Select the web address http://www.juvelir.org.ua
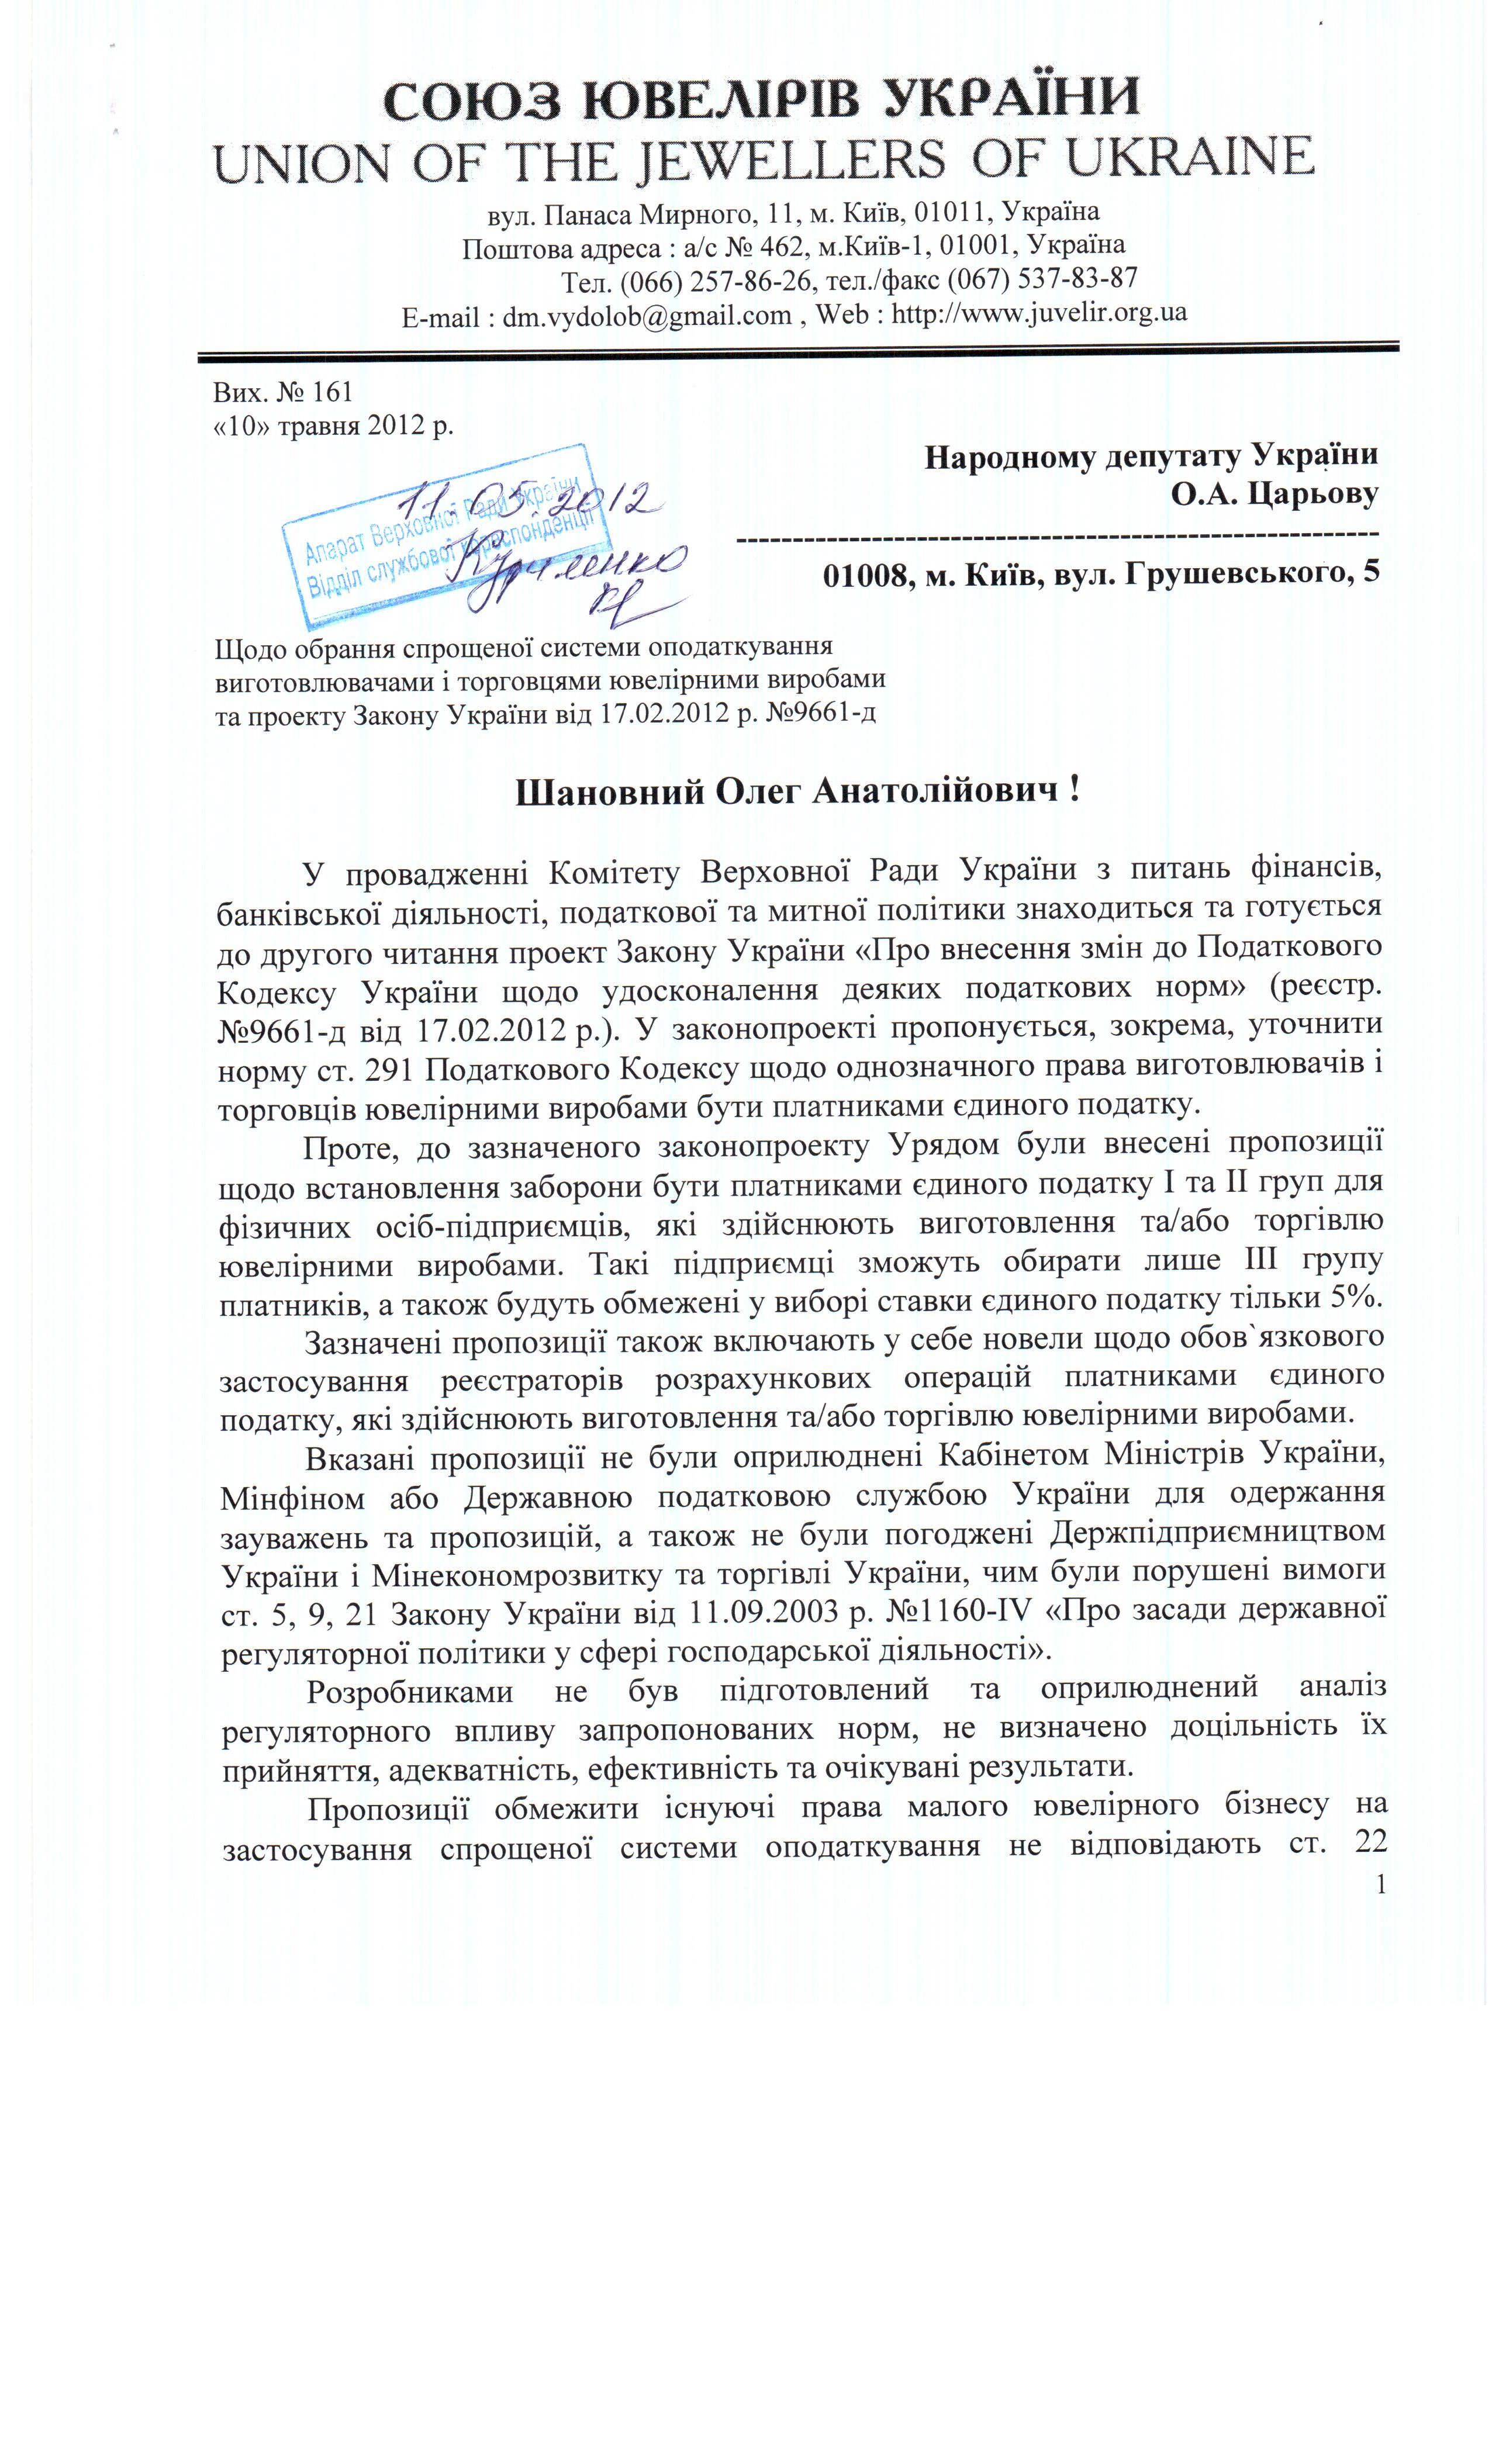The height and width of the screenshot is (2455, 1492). (1038, 313)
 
